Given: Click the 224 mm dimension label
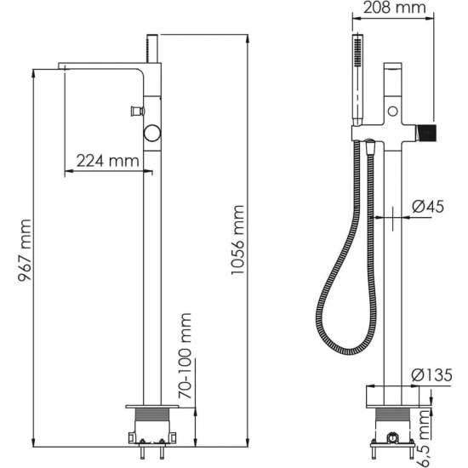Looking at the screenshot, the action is tap(108, 161).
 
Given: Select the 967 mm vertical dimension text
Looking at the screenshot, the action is tap(25, 250).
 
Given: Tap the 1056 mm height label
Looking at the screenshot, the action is tap(237, 240).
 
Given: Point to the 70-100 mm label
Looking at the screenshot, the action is tap(185, 356).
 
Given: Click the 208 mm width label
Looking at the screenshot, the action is tap(394, 7).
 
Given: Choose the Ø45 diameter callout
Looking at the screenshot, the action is tap(428, 206).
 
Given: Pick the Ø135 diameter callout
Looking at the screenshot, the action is tap(431, 375).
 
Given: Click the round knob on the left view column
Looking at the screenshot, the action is tap(152, 133).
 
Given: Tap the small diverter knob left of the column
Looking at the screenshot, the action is tap(137, 111).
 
